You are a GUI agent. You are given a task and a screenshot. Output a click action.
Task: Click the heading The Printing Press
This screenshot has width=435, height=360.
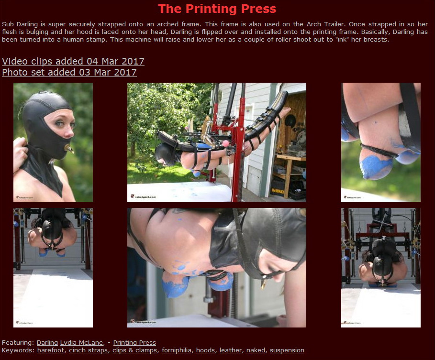tap(217, 9)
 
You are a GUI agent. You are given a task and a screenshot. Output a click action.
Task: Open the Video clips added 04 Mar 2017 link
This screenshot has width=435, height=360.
tap(73, 61)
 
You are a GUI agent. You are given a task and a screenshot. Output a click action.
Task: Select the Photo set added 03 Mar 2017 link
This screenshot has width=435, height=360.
tap(69, 72)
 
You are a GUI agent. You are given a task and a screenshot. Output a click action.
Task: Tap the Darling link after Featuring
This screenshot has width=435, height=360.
tap(47, 342)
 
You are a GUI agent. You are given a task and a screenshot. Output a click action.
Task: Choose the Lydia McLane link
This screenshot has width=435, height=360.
tap(81, 342)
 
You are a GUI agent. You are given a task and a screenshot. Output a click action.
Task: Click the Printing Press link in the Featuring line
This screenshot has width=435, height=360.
tap(134, 342)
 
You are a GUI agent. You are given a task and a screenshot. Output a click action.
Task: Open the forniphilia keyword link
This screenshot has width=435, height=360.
tap(177, 350)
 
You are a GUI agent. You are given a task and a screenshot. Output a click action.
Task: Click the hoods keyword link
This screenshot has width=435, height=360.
tap(206, 350)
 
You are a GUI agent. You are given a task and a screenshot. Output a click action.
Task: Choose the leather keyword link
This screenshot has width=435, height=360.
tap(231, 350)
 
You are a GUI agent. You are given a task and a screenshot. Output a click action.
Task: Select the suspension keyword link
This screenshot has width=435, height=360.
tap(287, 350)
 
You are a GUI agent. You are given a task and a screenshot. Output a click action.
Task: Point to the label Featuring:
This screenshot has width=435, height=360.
tap(18, 342)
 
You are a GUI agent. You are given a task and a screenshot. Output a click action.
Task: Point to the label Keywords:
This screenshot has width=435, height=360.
tap(18, 350)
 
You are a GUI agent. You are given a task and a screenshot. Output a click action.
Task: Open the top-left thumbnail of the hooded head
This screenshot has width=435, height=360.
tap(53, 142)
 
